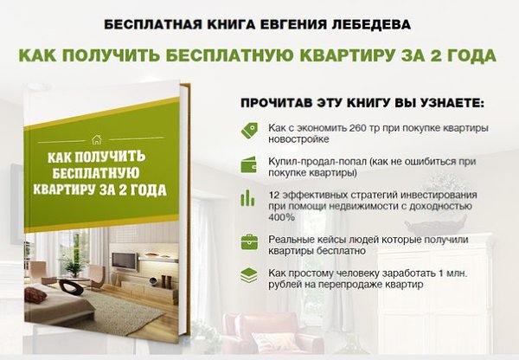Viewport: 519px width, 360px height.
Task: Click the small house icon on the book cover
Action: click(x=96, y=139)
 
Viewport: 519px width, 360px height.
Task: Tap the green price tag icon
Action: click(x=249, y=131)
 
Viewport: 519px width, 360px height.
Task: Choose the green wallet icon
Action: click(x=249, y=164)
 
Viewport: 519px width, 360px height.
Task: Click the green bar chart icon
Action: click(x=247, y=197)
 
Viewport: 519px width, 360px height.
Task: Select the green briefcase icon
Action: click(x=249, y=241)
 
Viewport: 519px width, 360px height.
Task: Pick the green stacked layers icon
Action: click(x=249, y=275)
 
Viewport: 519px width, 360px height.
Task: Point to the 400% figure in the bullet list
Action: click(x=281, y=217)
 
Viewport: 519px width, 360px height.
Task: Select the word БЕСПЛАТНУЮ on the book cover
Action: click(x=95, y=173)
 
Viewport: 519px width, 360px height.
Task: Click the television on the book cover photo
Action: click(x=124, y=261)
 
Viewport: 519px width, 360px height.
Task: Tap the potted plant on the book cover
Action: click(x=74, y=265)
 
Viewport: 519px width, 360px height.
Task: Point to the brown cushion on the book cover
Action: click(x=35, y=295)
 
